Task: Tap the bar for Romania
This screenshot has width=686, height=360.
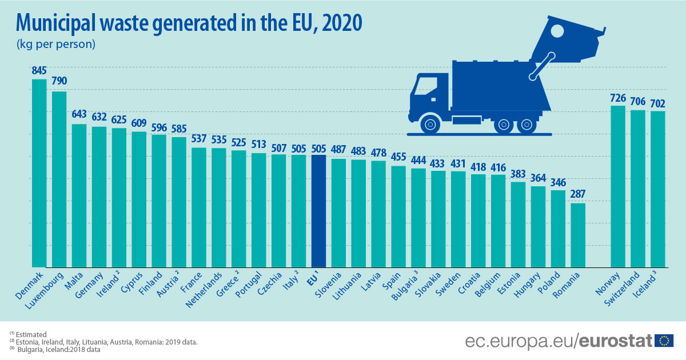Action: click(x=578, y=235)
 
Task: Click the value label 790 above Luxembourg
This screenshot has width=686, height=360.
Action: click(x=59, y=81)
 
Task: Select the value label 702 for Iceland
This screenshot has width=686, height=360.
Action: click(x=658, y=101)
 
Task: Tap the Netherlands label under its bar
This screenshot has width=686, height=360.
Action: click(x=205, y=291)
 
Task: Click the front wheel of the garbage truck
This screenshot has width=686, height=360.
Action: click(x=429, y=123)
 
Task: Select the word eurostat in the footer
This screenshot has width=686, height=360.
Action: click(x=615, y=341)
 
